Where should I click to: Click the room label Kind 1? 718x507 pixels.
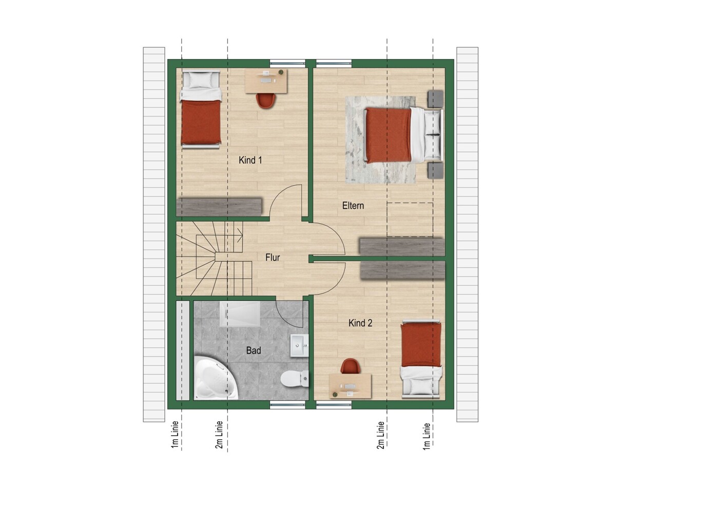coord(250,160)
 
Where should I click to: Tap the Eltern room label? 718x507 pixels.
coord(353,205)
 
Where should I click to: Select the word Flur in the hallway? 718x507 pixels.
coord(273,257)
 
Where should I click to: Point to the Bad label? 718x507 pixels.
coord(253,350)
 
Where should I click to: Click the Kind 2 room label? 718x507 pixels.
coord(360,323)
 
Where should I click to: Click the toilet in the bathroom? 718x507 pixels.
coord(294,379)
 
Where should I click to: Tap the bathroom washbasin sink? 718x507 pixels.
coord(299,346)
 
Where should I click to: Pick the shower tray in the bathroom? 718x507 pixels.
coord(240,314)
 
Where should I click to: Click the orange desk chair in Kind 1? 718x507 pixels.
coord(266,100)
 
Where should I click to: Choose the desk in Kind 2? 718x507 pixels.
coord(350,386)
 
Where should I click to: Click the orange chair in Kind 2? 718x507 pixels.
coord(350,366)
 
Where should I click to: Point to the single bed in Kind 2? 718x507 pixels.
coord(421,358)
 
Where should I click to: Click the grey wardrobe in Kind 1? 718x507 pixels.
coord(219,207)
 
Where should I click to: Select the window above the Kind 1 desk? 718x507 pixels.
coord(287,64)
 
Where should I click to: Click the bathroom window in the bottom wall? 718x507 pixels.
coord(287,405)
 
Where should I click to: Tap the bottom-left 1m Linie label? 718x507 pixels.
coord(174,434)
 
